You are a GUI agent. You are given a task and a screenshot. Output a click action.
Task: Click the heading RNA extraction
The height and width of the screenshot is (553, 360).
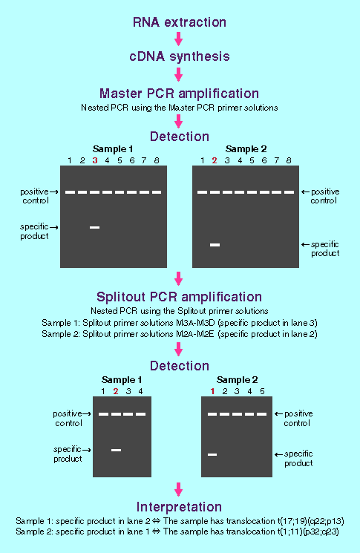click(x=180, y=22)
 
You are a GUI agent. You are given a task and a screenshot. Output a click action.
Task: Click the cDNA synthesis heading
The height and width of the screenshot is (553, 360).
click(x=180, y=56)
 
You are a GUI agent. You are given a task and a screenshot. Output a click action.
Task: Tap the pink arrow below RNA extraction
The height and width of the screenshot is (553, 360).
click(x=179, y=39)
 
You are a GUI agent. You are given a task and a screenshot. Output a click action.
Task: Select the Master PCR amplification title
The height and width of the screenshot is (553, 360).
click(x=179, y=94)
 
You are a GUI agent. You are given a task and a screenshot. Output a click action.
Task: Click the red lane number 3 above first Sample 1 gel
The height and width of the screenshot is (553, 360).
click(x=95, y=160)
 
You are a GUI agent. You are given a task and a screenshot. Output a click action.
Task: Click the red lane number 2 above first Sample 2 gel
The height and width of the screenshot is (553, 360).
click(x=215, y=160)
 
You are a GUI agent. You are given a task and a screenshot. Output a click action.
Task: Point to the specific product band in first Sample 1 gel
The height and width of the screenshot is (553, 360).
click(x=94, y=227)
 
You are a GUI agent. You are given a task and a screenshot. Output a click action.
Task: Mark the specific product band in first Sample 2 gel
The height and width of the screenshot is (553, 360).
click(x=215, y=245)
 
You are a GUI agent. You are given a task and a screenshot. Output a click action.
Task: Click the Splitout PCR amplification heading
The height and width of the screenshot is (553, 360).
click(x=179, y=297)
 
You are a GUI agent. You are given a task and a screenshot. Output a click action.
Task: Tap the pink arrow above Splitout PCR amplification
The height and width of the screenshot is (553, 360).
click(x=179, y=278)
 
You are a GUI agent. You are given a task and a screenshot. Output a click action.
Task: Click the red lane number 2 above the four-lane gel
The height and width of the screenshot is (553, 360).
click(x=116, y=391)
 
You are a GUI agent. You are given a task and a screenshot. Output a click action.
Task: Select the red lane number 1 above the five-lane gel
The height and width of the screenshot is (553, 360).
click(x=212, y=391)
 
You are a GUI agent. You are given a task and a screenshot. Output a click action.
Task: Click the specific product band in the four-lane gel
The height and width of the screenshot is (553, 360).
click(x=116, y=450)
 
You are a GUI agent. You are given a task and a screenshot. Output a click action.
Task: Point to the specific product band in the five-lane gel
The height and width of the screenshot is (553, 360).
click(x=212, y=454)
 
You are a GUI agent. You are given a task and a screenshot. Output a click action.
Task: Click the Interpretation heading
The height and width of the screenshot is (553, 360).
click(x=179, y=507)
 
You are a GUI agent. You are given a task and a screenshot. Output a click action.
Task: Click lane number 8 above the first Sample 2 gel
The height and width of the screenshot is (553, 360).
click(x=289, y=160)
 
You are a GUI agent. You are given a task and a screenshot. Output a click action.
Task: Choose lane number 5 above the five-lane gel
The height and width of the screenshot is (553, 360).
click(x=262, y=391)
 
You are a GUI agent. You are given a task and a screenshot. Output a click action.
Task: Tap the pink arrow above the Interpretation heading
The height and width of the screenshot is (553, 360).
click(x=179, y=489)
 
